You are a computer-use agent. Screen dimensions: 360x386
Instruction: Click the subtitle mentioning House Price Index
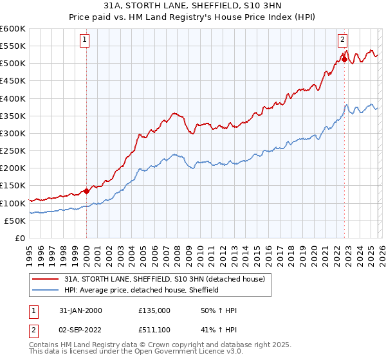click(193, 19)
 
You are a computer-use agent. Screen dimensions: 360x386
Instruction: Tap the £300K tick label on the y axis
click(13, 134)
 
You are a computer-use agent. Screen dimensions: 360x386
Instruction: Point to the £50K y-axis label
click(15, 221)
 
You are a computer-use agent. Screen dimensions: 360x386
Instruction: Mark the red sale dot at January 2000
click(86, 191)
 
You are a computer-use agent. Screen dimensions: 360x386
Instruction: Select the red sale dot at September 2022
click(344, 60)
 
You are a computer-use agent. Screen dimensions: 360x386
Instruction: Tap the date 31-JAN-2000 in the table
click(80, 310)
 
